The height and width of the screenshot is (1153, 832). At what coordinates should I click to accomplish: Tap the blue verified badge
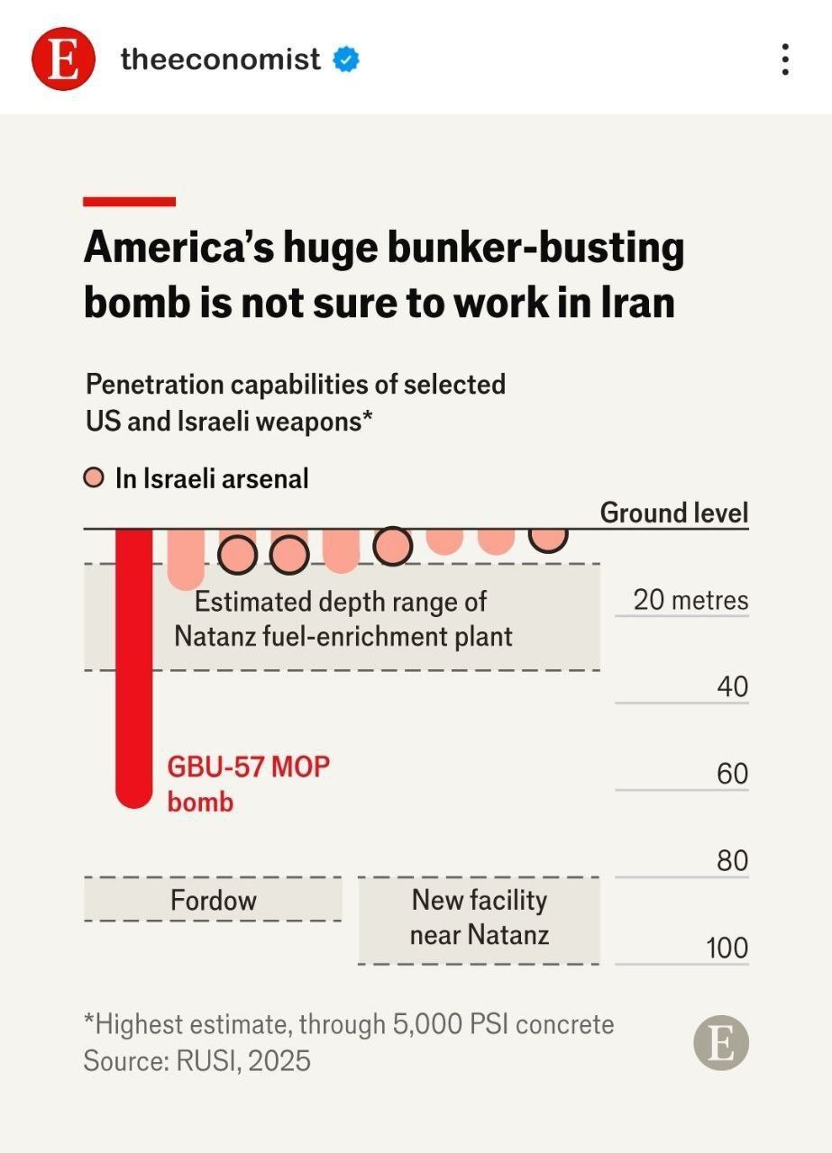click(346, 59)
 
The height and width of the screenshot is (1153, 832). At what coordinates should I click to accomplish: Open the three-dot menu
click(786, 59)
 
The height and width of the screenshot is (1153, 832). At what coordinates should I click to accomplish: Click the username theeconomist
click(220, 59)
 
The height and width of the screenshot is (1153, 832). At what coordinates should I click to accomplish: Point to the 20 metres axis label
click(690, 599)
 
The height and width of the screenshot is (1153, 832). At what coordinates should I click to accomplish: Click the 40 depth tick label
click(732, 686)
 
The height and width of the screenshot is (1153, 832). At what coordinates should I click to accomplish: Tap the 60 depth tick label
click(732, 774)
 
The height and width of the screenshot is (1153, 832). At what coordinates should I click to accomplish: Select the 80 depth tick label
click(732, 860)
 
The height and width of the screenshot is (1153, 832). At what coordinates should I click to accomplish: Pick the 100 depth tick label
click(727, 948)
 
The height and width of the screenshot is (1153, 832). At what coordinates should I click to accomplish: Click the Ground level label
click(674, 513)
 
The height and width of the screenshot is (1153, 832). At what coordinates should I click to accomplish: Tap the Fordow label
click(214, 900)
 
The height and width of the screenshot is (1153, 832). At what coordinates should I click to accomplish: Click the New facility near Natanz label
click(480, 916)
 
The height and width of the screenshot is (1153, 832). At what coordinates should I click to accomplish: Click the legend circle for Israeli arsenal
click(93, 478)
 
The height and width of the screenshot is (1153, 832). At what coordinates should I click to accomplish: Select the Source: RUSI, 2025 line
click(197, 1060)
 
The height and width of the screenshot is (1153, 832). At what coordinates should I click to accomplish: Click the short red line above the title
click(129, 202)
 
